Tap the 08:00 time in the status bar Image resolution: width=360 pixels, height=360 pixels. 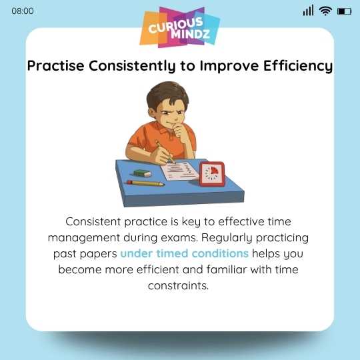tap(22, 11)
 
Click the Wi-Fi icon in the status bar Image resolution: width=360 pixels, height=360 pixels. tap(325, 11)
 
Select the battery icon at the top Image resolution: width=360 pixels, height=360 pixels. tap(344, 11)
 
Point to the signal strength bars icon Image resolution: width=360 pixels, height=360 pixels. tap(308, 11)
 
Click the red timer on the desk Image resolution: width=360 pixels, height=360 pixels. tap(212, 173)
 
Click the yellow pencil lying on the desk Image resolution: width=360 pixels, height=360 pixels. tap(145, 182)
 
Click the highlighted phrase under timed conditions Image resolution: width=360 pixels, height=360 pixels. tap(184, 254)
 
